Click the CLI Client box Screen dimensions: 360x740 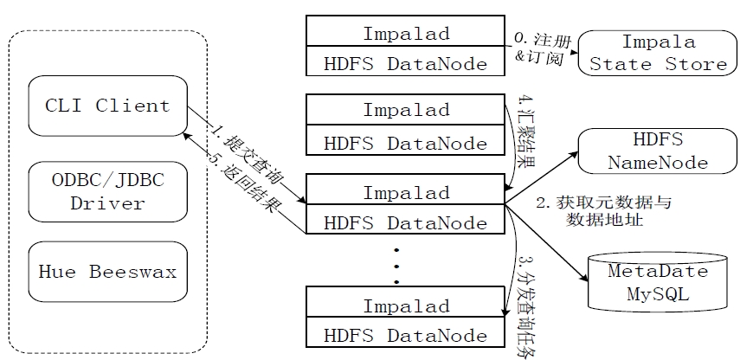107,106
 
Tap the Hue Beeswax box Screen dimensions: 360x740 107,271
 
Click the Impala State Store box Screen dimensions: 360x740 659,52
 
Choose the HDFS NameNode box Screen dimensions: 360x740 659,151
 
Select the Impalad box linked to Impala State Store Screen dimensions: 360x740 406,35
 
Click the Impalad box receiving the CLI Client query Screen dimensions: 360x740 406,191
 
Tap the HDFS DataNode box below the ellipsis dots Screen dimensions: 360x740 406,335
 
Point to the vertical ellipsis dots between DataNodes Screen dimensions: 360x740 397,265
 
